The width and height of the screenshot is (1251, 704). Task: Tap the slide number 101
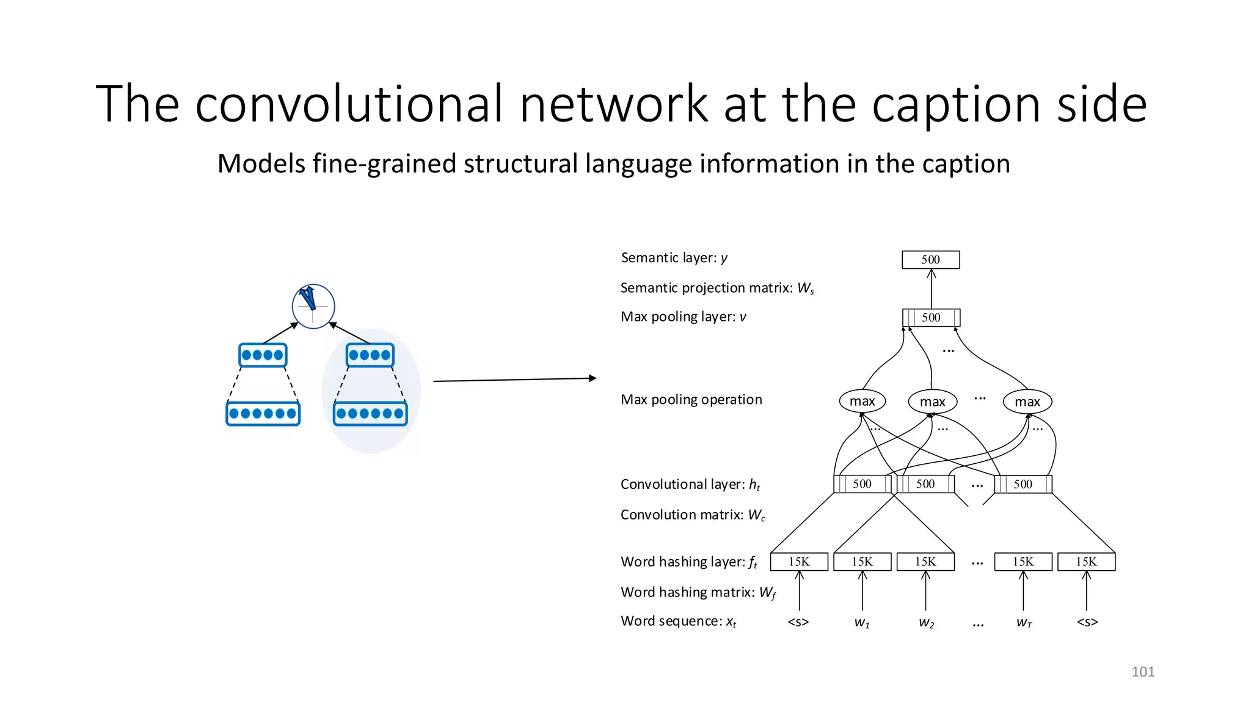pyautogui.click(x=1142, y=672)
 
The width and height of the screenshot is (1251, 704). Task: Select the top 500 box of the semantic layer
pyautogui.click(x=930, y=260)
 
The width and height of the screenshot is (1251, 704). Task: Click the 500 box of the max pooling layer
pyautogui.click(x=931, y=318)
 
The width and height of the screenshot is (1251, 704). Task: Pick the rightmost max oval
pyautogui.click(x=1027, y=402)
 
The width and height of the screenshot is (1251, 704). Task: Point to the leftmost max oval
pyautogui.click(x=862, y=401)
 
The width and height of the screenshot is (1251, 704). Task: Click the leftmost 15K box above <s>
pyautogui.click(x=799, y=562)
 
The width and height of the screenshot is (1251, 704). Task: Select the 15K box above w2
pyautogui.click(x=925, y=562)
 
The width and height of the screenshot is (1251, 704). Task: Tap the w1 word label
pyautogui.click(x=862, y=623)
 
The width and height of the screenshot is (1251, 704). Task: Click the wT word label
pyautogui.click(x=1024, y=623)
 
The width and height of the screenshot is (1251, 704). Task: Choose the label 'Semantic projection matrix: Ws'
pyautogui.click(x=717, y=288)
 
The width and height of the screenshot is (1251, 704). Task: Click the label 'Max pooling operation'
pyautogui.click(x=691, y=400)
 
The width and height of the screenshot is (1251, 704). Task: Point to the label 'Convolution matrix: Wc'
pyautogui.click(x=692, y=515)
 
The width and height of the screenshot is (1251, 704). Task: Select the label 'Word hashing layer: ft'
pyautogui.click(x=688, y=562)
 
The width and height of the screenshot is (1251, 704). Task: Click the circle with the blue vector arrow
pyautogui.click(x=313, y=307)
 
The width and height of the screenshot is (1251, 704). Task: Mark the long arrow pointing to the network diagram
pyautogui.click(x=514, y=380)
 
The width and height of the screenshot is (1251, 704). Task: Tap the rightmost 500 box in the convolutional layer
pyautogui.click(x=1023, y=485)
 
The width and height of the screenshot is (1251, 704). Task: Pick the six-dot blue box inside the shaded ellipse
pyautogui.click(x=370, y=414)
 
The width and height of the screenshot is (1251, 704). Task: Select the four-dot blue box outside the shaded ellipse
pyautogui.click(x=263, y=355)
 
